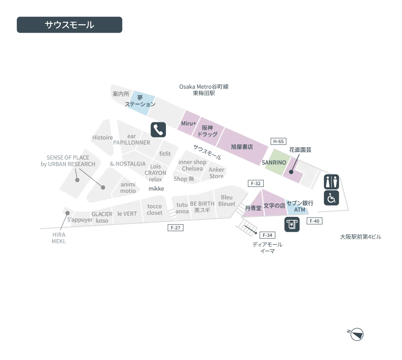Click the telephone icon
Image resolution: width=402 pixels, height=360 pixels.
coord(158,129)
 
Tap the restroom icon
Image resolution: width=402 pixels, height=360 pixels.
coord(331,182)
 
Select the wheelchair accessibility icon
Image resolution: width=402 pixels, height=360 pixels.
coord(331,198)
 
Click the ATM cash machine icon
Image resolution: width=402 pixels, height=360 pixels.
coord(292,225)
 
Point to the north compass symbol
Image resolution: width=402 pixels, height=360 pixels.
coord(356,334)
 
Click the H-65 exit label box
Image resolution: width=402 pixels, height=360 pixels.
coord(278,141)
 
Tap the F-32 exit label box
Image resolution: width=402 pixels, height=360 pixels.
coord(256,183)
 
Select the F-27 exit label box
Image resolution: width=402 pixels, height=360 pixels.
coord(176,228)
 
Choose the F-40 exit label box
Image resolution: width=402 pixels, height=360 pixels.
coord(315,221)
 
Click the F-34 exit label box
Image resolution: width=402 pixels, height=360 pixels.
coord(267,235)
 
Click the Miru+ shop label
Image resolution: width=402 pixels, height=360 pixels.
coord(188,123)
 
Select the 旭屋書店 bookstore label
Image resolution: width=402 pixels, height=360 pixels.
coord(242,147)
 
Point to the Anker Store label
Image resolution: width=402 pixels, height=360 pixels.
coord(216,173)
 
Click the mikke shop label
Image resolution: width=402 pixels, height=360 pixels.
coord(156,188)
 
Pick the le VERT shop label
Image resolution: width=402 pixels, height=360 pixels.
coord(127,214)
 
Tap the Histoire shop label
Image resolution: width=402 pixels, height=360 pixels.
coord(102,137)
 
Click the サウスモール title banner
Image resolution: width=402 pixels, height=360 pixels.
coord(70,25)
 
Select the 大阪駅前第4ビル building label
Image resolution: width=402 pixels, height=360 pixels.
coord(360,237)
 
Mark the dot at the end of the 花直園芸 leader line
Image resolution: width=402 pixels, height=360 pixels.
coord(291,172)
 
